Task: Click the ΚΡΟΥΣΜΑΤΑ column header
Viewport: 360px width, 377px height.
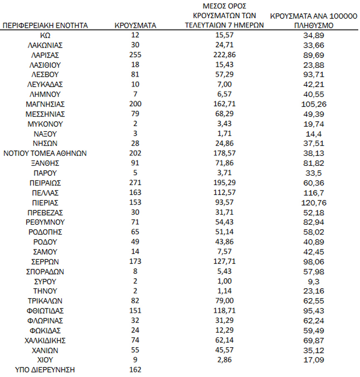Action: click(135, 25)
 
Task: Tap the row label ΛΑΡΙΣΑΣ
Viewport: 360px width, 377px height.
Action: click(45, 55)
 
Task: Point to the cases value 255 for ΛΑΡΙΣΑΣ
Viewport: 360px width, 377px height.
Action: click(135, 55)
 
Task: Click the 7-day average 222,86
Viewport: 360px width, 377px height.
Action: click(224, 55)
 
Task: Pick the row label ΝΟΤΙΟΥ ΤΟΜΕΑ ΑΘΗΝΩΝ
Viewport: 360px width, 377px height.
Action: click(45, 153)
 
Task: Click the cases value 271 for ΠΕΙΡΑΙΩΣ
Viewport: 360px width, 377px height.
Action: click(135, 182)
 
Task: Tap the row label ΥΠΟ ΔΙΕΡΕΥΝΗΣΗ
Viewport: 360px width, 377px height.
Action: click(45, 370)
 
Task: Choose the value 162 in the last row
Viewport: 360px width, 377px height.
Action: click(135, 370)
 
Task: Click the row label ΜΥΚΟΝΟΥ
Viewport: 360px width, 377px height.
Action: click(45, 124)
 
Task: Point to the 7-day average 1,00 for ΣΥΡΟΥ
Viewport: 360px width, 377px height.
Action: click(224, 281)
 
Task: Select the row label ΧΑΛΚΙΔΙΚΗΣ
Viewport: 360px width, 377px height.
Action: click(45, 340)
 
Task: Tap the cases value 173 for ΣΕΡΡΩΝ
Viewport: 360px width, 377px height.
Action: click(135, 261)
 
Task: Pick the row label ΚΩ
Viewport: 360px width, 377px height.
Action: click(45, 35)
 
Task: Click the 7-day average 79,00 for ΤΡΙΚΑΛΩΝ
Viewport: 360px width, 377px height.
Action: click(224, 301)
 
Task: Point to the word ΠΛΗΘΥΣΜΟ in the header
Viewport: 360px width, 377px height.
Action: click(314, 25)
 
